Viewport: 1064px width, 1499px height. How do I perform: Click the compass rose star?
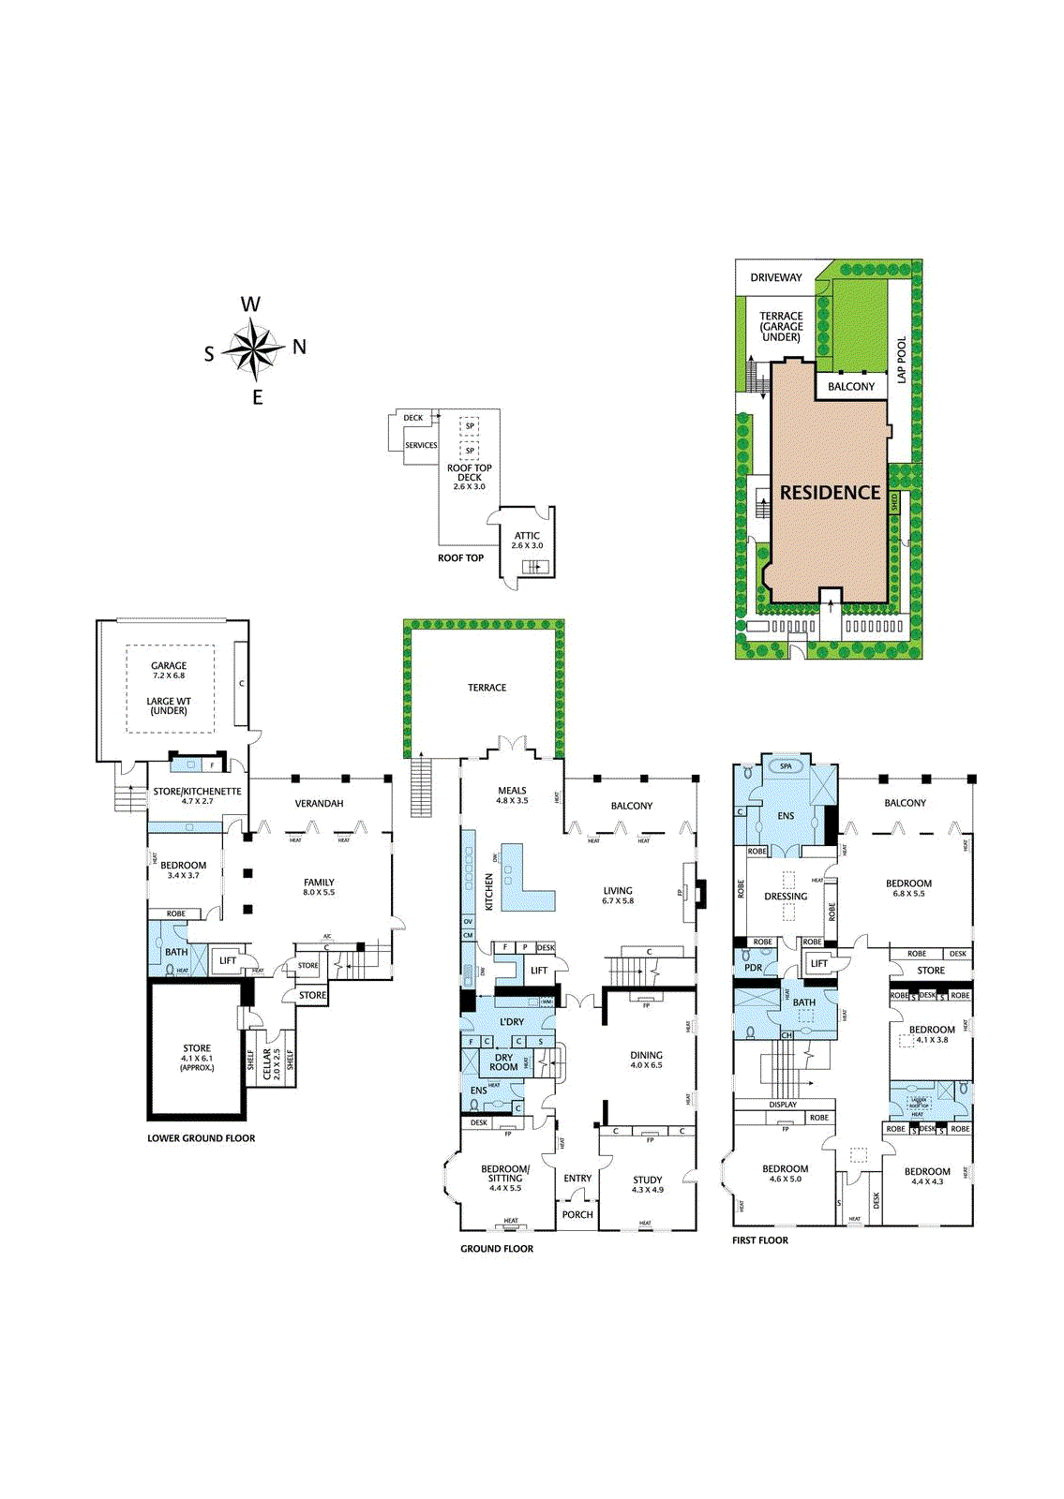pos(253,349)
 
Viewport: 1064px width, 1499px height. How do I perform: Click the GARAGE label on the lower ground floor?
pos(169,666)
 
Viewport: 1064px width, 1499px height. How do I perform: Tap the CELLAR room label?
pos(267,1064)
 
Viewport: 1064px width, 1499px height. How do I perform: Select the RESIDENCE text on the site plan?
pos(830,493)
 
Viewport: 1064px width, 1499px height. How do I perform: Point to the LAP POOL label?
pos(902,361)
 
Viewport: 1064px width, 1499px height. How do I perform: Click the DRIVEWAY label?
pos(776,277)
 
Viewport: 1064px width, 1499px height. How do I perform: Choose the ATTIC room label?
pos(527,536)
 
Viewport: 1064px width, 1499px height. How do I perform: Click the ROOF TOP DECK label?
pos(469,473)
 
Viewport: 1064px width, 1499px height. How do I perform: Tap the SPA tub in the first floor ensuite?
pos(786,766)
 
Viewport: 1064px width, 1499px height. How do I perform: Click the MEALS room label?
pos(512,791)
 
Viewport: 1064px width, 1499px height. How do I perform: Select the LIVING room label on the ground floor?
pos(618,891)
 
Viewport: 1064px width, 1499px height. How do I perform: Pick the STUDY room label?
pos(647,1180)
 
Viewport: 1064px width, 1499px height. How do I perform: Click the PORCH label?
pos(577,1214)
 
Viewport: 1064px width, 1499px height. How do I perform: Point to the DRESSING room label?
pos(786,897)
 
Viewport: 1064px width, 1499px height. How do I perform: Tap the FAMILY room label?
pos(319,883)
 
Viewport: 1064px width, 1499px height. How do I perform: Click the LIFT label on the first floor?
pos(819,963)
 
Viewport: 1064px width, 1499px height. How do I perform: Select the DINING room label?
pos(646,1055)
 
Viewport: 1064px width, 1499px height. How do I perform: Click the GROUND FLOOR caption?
pos(497,1249)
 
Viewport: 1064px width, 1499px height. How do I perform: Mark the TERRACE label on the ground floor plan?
pos(487,688)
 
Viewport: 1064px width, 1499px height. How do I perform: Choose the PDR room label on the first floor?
pos(754,968)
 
